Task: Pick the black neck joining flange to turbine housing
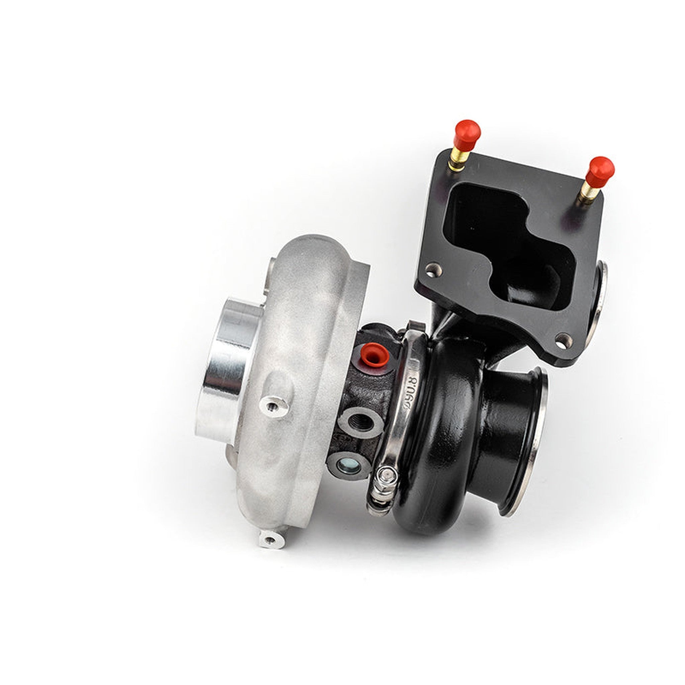pos(447,319)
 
